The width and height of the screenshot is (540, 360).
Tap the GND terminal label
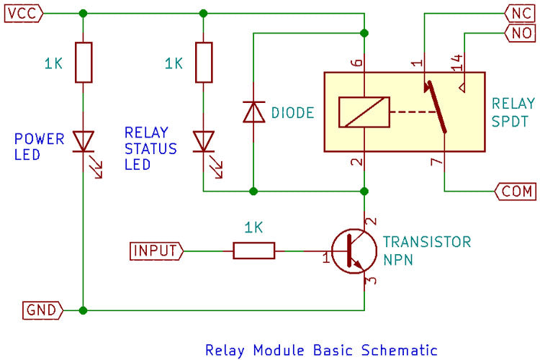point(42,310)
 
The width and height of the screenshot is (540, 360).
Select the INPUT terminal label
point(156,251)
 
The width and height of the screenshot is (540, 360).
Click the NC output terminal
point(518,13)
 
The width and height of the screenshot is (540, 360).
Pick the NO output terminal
point(518,32)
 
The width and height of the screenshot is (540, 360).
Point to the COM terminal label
point(517,191)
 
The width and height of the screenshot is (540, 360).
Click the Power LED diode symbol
point(84,141)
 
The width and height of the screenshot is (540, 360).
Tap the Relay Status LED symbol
point(204,141)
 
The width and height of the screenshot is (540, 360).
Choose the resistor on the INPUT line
point(253,251)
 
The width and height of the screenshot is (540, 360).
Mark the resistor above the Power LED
point(84,62)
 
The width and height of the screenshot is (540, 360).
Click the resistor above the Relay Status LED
point(204,62)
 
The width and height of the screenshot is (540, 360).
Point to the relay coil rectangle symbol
point(364,112)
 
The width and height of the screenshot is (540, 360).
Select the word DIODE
point(292,113)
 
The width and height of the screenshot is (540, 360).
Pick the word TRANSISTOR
point(426,241)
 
